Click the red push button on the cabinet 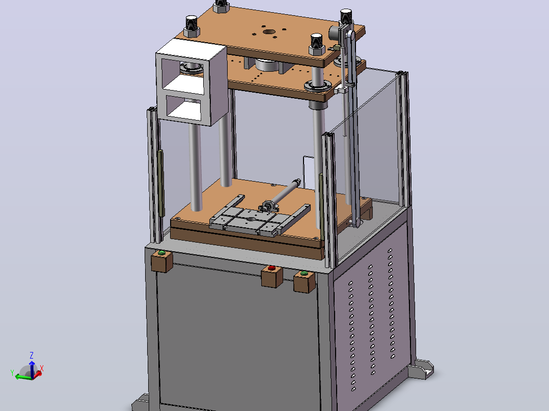point(271,268)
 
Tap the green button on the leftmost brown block point(161,252)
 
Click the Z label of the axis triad point(32,356)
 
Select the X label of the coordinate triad point(42,368)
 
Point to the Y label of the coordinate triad point(12,373)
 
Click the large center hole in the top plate point(269,32)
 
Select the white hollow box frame point(191,82)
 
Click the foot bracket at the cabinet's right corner point(421,369)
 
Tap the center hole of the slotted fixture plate point(252,219)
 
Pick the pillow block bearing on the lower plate point(268,206)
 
